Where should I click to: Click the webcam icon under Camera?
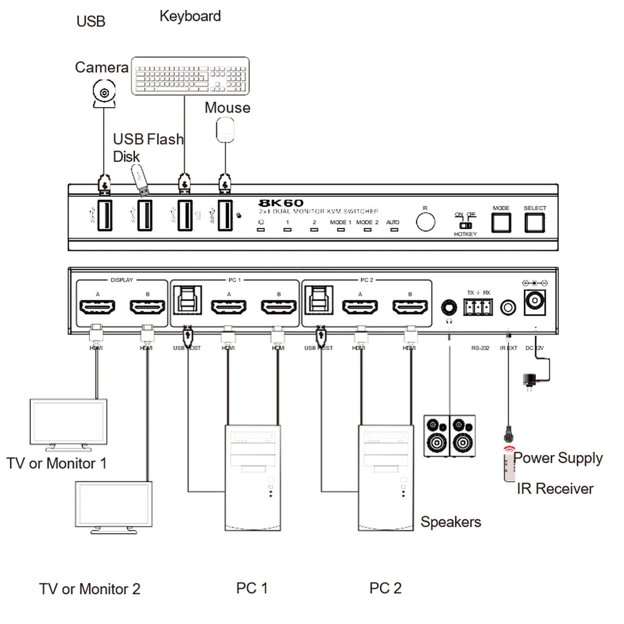(x=104, y=94)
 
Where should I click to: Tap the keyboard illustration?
(x=190, y=77)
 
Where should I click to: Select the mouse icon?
(x=225, y=130)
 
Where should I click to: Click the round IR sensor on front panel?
(x=425, y=222)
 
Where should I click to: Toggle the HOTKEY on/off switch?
(x=465, y=225)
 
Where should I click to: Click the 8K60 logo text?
(x=281, y=203)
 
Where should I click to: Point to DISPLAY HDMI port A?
(x=97, y=307)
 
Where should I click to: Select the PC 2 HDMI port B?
(x=410, y=307)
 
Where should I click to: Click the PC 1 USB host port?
(x=188, y=300)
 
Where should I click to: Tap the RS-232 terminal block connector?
(x=478, y=307)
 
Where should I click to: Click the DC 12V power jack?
(x=535, y=301)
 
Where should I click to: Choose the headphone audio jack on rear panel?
(x=449, y=308)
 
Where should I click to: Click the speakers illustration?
(x=449, y=436)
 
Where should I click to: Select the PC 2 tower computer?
(x=386, y=478)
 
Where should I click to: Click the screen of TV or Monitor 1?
(x=68, y=421)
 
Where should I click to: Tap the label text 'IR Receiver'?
(x=555, y=489)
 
